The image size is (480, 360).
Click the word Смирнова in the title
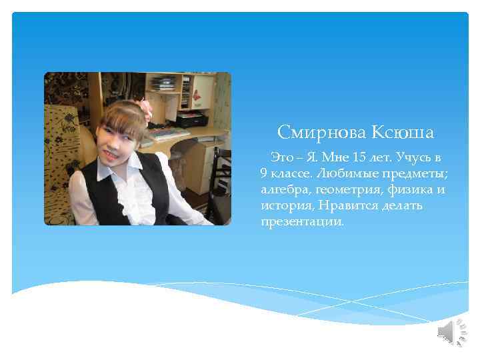click(313, 133)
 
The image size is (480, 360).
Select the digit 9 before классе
click(264, 174)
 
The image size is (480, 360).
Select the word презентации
click(303, 221)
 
